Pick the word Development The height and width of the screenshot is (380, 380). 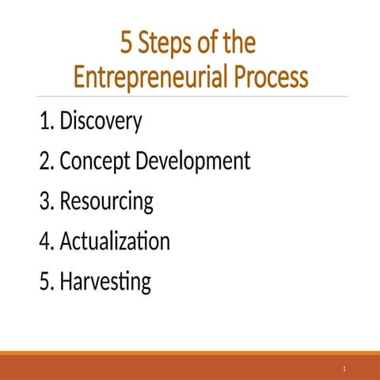[193, 162]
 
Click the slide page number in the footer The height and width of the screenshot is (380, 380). [345, 369]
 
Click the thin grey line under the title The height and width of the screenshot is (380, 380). [190, 97]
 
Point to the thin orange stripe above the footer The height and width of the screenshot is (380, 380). [190, 352]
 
